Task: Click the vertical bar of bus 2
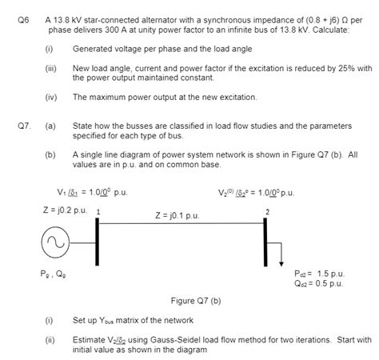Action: pyautogui.click(x=266, y=239)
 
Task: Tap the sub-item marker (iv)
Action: pyautogui.click(x=50, y=96)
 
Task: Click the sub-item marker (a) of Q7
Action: pyautogui.click(x=50, y=126)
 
